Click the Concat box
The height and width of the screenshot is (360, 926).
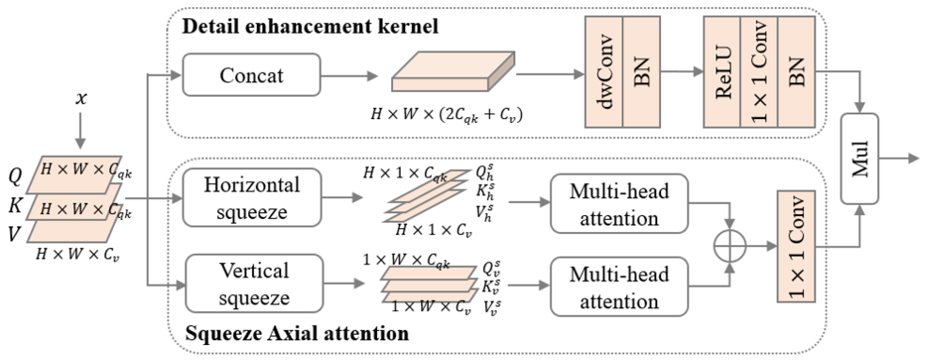251,75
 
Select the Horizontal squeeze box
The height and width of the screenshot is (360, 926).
252,198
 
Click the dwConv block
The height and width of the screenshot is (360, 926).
604,72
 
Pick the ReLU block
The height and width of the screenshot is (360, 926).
722,72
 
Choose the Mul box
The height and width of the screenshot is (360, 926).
859,159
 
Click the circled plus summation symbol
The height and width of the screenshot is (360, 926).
730,246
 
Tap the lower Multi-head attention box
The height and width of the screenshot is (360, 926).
619,287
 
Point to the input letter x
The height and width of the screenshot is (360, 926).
81,98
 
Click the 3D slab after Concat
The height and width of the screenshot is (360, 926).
453,72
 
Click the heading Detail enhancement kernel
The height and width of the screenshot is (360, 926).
310,26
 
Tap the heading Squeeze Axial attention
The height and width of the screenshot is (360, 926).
297,333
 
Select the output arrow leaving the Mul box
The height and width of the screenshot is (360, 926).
899,158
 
